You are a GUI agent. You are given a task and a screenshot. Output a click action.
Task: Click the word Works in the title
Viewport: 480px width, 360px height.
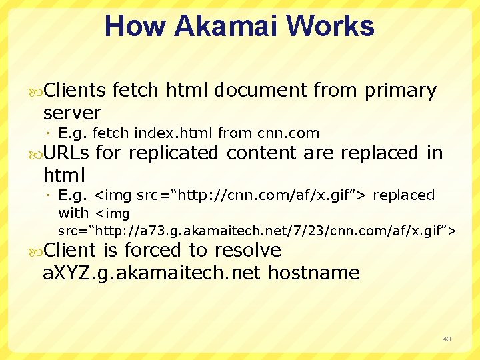(x=337, y=26)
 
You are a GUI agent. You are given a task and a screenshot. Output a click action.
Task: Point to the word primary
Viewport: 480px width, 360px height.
(x=400, y=91)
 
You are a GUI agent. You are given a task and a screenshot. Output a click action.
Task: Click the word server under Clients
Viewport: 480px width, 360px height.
(x=71, y=112)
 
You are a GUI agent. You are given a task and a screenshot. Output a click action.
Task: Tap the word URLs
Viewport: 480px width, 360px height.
(x=65, y=153)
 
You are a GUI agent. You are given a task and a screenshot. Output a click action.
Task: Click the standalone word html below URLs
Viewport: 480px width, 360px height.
(x=64, y=175)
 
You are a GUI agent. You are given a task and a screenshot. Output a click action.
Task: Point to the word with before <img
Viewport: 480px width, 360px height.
(x=73, y=213)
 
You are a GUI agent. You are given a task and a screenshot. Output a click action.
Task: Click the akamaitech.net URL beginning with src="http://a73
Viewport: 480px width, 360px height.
(x=257, y=231)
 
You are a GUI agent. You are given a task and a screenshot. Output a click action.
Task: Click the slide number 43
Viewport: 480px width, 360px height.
(x=447, y=339)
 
